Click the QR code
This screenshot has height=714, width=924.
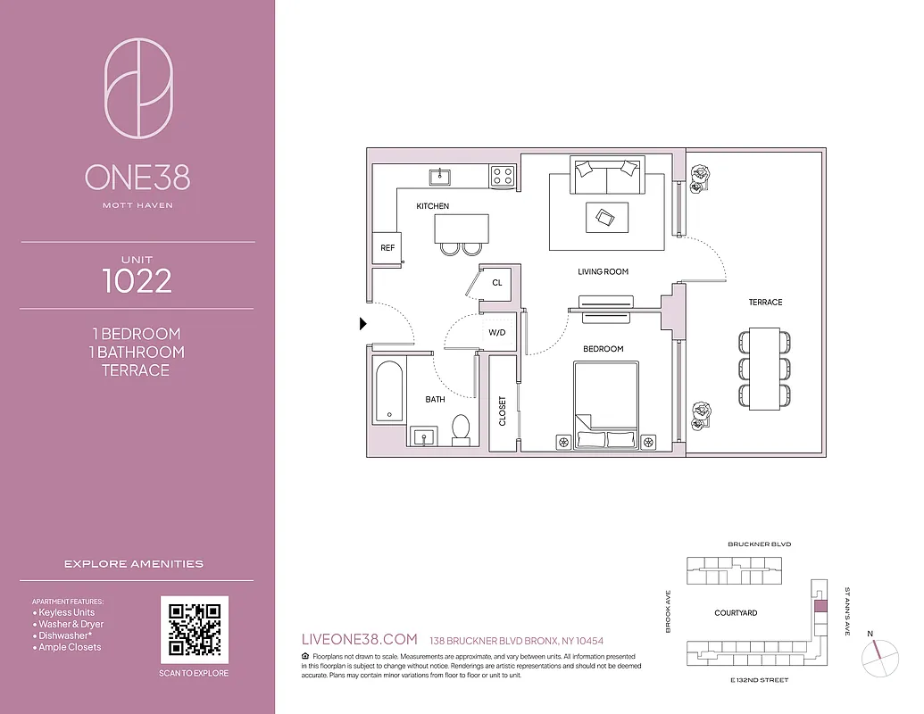195,630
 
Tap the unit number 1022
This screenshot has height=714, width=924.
137,281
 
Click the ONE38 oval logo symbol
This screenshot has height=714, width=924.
138,87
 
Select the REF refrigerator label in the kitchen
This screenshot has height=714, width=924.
387,248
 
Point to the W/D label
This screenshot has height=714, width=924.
496,332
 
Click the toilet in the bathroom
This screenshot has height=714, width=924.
462,429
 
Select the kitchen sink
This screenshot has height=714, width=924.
440,176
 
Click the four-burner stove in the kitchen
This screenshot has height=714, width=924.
503,176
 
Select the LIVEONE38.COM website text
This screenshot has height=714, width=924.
361,640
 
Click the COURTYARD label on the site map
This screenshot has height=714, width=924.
736,613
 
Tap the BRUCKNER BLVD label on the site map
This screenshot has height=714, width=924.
759,544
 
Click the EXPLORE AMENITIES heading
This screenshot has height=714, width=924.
134,564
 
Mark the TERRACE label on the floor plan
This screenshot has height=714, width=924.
765,303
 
